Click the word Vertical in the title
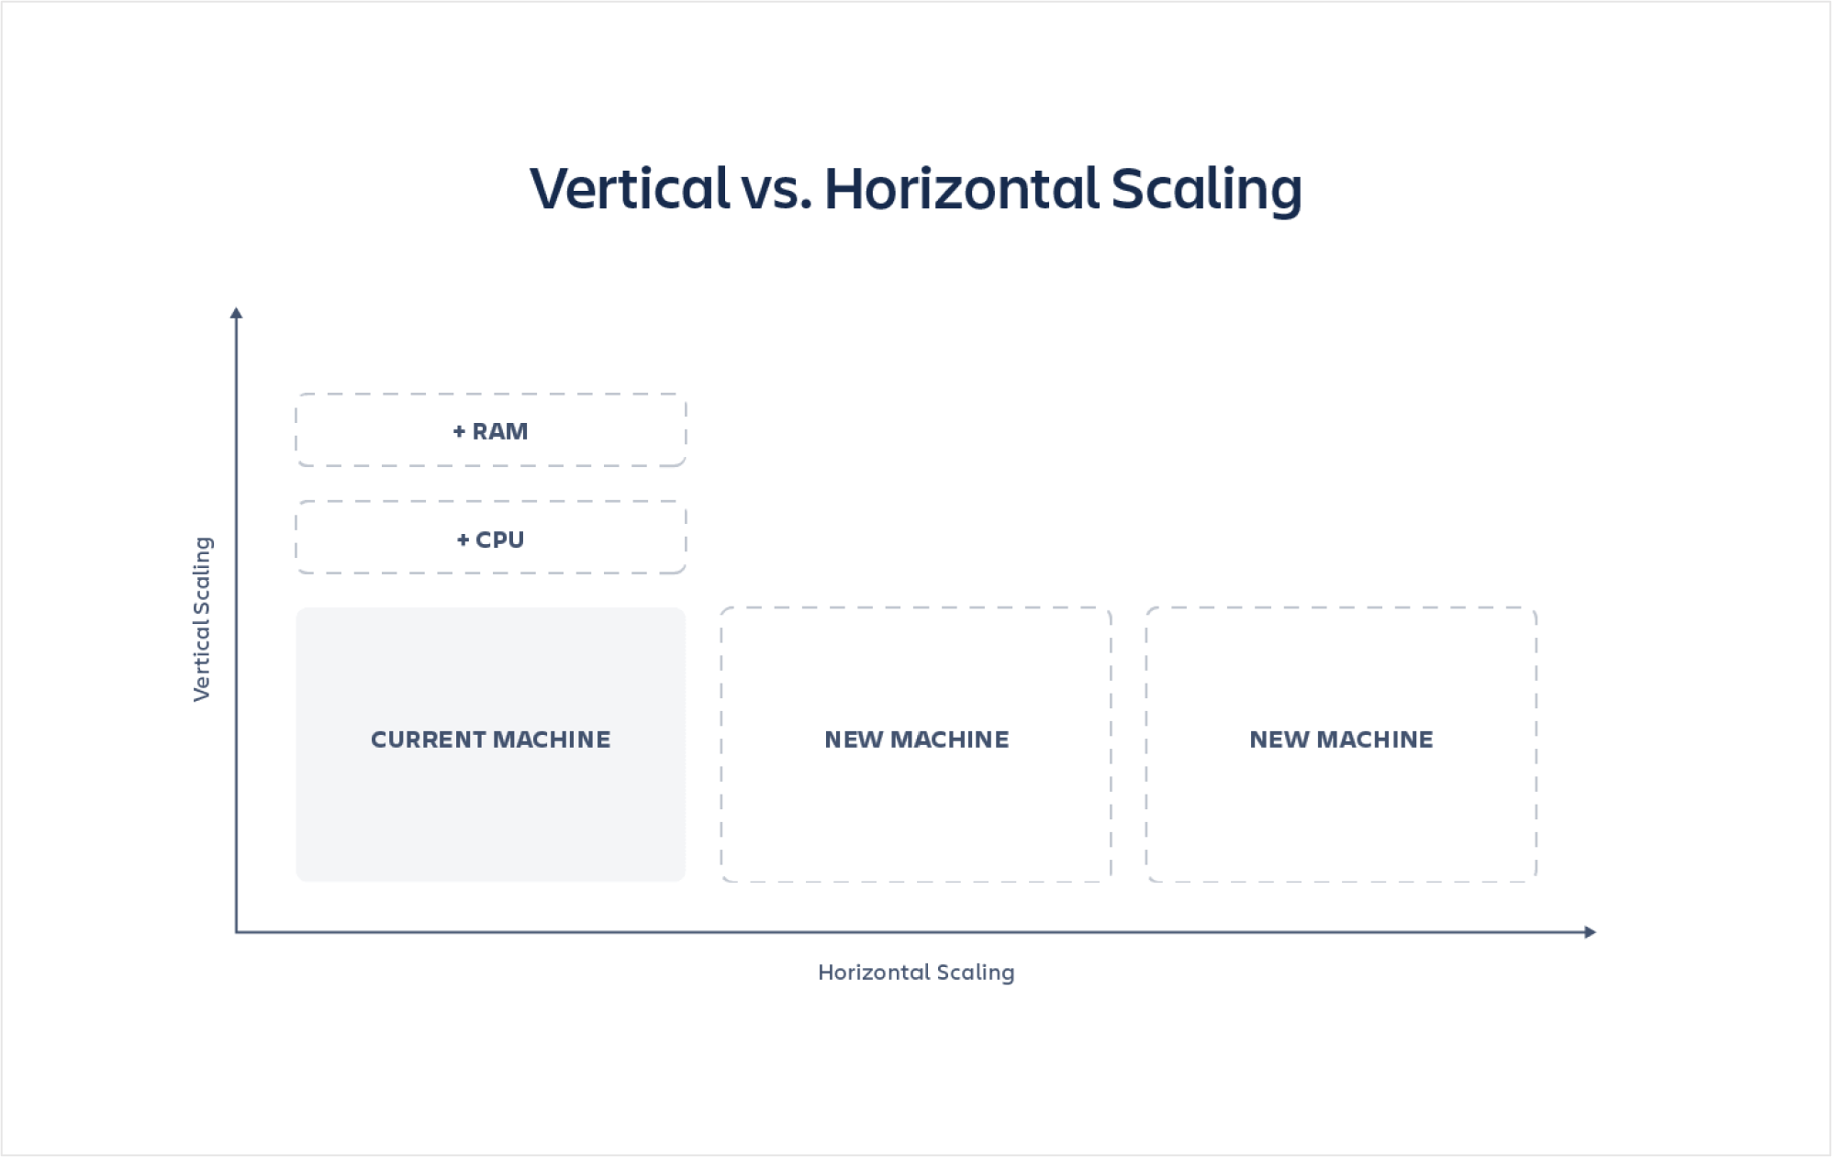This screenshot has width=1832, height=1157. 630,188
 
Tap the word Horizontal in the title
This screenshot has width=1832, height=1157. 961,188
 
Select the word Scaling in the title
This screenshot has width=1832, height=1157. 1206,191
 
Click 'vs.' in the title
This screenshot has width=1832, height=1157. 776,193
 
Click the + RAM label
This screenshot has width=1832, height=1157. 490,431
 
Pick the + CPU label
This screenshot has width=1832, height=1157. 490,540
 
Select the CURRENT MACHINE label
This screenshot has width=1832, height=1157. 490,740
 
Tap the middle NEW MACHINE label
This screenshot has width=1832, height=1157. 916,740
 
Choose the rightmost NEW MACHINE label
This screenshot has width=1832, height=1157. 1341,740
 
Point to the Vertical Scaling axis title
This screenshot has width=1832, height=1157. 202,619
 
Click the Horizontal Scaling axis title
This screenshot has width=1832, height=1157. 916,973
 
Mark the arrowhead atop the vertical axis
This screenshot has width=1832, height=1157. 236,313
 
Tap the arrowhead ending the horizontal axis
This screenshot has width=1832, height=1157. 1591,932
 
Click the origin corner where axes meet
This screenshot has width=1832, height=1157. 237,932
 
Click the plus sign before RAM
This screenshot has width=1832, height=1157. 459,431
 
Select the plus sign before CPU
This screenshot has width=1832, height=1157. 463,540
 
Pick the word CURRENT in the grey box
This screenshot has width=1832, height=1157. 428,740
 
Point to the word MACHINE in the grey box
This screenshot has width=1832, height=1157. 552,740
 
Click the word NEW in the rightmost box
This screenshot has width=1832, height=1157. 1279,740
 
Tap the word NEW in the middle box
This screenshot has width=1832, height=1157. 854,740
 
